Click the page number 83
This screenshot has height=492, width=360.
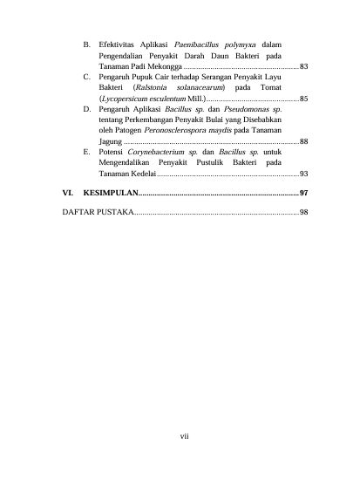pos(302,66)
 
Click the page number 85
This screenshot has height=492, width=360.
pos(302,99)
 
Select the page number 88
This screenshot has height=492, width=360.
pos(302,140)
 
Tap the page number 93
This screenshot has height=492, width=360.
pos(302,174)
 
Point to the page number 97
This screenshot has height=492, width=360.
pos(302,192)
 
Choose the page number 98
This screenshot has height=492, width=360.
pos(302,212)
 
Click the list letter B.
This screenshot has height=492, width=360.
pos(85,44)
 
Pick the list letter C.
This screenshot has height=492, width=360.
pos(85,78)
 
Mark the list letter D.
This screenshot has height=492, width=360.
pos(85,112)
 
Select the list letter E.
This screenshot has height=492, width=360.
pos(85,152)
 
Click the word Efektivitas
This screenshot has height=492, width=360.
pos(117,44)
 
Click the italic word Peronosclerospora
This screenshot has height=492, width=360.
pos(173,129)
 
